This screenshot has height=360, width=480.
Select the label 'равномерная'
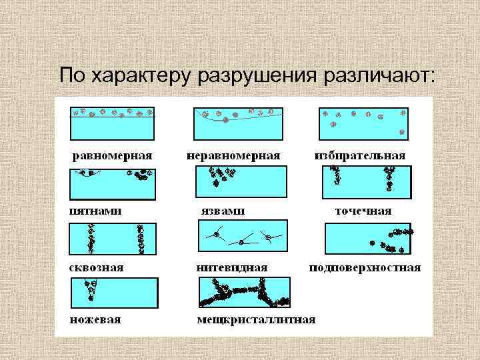point(113,155)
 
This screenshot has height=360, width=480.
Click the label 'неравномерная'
point(233,155)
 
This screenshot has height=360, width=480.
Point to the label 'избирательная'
point(360,155)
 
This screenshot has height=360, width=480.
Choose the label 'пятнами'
point(96,211)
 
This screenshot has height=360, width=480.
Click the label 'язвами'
point(223,211)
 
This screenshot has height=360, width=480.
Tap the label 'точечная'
point(363,211)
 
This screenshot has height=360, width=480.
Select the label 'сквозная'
point(97,267)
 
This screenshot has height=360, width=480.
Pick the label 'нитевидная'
point(232,267)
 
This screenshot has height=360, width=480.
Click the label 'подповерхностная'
point(365,267)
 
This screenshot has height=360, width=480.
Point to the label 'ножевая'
point(96,319)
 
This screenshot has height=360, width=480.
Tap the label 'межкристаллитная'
point(256,319)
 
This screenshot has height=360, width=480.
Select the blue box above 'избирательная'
point(363,123)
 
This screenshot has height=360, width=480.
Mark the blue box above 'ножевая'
point(113,293)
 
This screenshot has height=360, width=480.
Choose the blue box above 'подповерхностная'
point(367,239)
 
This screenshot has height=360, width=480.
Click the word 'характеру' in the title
point(147,76)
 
